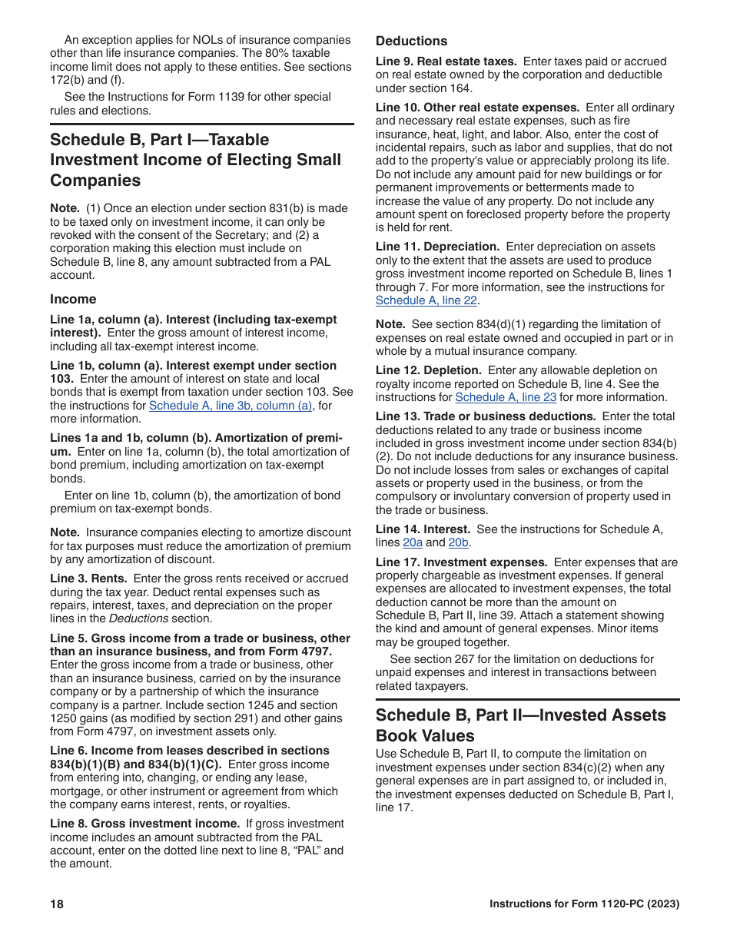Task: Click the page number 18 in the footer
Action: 57,904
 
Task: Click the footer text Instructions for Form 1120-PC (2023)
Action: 585,904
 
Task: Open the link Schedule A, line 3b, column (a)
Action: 231,406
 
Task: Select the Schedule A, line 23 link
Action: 506,397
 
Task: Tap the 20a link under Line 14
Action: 413,542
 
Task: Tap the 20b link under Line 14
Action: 459,542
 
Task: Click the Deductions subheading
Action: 411,41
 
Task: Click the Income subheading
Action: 73,299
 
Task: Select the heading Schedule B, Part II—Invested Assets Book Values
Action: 520,724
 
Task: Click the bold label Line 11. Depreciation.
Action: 437,247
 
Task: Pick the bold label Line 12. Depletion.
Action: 430,370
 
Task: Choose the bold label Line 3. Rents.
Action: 88,579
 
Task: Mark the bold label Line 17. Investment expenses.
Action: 461,562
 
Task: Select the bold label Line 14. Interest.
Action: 423,529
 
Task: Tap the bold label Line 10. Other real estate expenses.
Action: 477,108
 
